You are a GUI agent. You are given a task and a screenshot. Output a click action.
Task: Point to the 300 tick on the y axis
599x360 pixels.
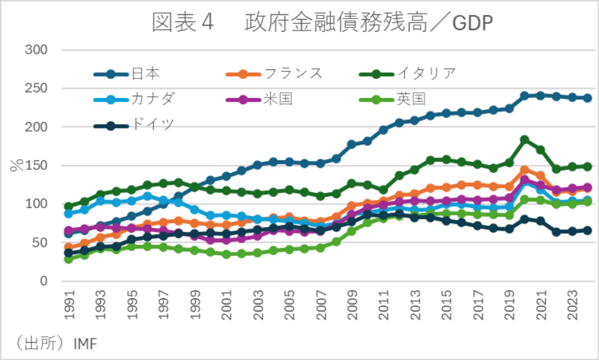(x=36, y=50)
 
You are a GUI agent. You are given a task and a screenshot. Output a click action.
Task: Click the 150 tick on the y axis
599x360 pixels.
(x=36, y=166)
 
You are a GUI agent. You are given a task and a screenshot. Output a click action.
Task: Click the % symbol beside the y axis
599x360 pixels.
(x=16, y=166)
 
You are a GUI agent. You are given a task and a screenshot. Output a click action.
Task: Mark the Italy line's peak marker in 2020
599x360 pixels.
(x=524, y=140)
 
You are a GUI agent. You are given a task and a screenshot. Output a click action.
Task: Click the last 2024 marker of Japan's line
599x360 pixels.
(x=588, y=98)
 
